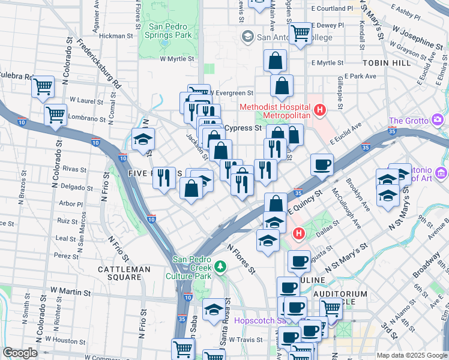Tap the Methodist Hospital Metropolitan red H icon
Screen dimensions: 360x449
point(320,110)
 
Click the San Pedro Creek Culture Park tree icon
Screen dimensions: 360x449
point(221,265)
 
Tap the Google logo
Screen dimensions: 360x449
point(20,353)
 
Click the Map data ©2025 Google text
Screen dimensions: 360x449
point(412,355)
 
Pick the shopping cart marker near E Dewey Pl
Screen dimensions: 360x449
point(300,34)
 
